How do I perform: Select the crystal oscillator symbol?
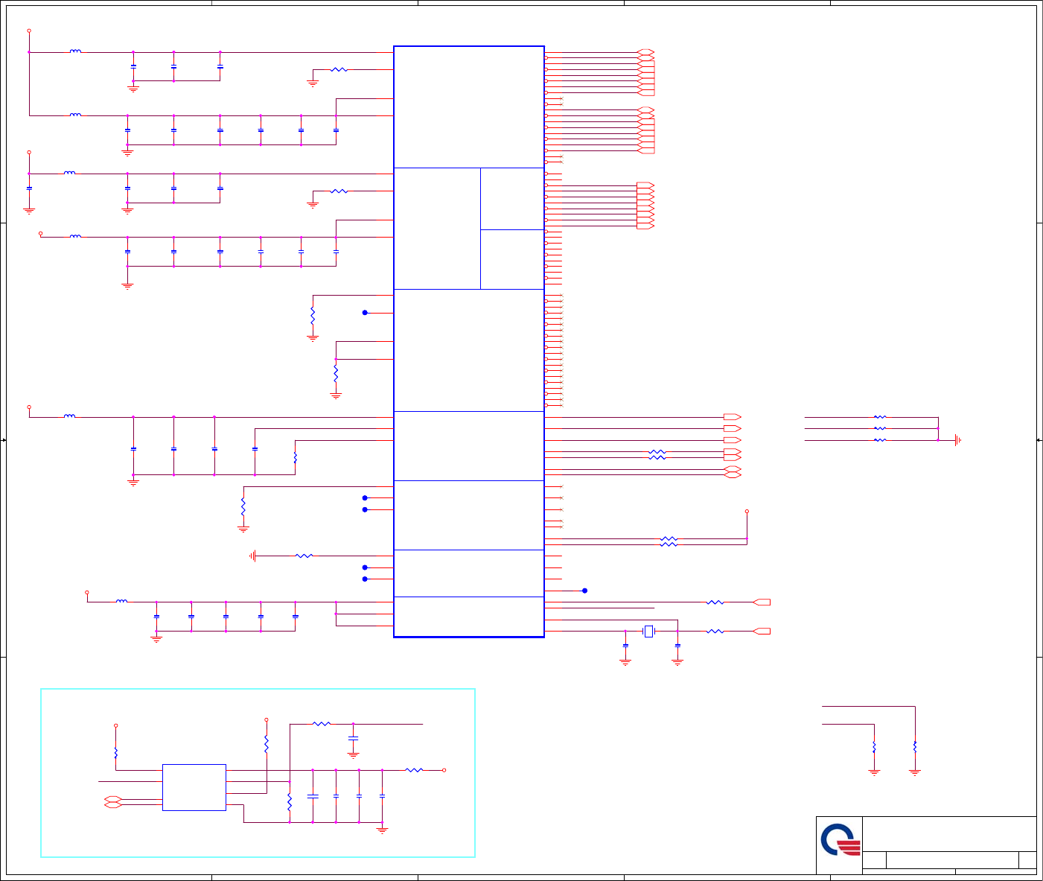click(648, 632)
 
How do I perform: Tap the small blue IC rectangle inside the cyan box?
click(194, 787)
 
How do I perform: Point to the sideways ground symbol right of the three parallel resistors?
click(957, 440)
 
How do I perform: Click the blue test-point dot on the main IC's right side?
click(584, 591)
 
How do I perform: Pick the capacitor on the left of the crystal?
click(625, 645)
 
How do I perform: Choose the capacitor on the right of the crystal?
click(677, 645)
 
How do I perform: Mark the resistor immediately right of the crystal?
click(715, 632)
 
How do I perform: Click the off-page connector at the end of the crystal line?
click(762, 632)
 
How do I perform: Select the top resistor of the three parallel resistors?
click(880, 417)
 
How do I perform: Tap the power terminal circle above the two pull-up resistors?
click(747, 512)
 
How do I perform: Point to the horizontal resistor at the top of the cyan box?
click(321, 723)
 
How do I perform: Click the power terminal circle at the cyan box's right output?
click(444, 770)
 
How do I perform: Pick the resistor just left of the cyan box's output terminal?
click(414, 770)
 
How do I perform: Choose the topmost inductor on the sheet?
click(75, 52)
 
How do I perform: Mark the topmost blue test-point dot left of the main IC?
click(365, 313)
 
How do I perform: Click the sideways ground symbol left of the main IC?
click(254, 556)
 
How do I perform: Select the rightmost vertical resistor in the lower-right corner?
click(915, 747)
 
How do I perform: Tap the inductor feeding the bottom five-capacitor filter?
click(121, 602)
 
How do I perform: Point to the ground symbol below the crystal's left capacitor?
click(625, 661)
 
